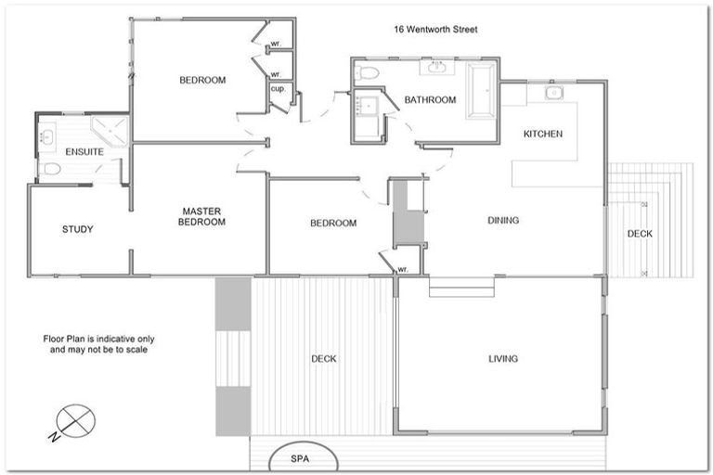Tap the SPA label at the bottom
(x=299, y=459)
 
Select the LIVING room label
(x=503, y=359)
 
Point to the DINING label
(x=503, y=221)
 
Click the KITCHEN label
(x=543, y=135)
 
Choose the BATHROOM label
(x=431, y=100)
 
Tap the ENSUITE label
(x=84, y=151)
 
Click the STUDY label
(x=78, y=229)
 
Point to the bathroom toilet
(x=369, y=72)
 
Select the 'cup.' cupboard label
(x=278, y=90)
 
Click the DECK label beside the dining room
(x=640, y=234)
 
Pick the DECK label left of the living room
(x=323, y=359)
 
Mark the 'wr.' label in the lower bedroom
(x=403, y=269)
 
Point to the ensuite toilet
(x=52, y=169)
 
